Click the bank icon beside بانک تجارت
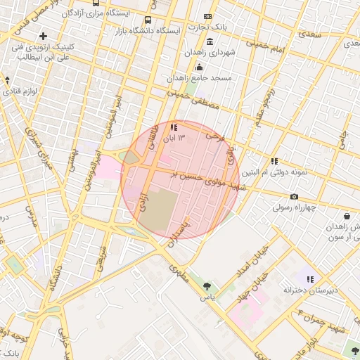pos(207,16)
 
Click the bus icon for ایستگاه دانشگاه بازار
pos(148,20)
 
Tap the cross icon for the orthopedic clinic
pos(44,36)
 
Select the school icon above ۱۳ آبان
pos(174,127)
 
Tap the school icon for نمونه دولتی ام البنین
pos(274,161)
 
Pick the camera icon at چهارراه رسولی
pos(294,196)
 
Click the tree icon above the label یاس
pos(207,285)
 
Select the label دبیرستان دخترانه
pos(310,290)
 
